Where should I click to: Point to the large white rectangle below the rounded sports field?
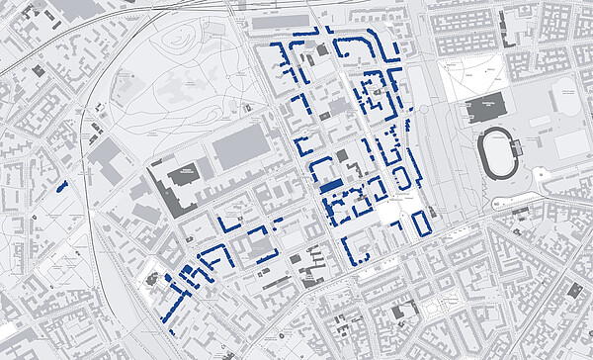point(572,144)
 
